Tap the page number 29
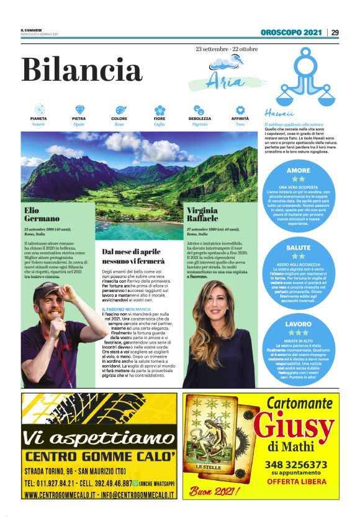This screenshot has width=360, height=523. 335,32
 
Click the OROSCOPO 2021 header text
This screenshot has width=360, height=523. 292,32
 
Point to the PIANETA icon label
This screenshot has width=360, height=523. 38,118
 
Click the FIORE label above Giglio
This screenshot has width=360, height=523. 160,118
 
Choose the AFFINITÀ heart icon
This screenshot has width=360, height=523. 240,109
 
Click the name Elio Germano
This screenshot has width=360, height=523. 42,215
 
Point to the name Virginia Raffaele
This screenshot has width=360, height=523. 203,215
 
